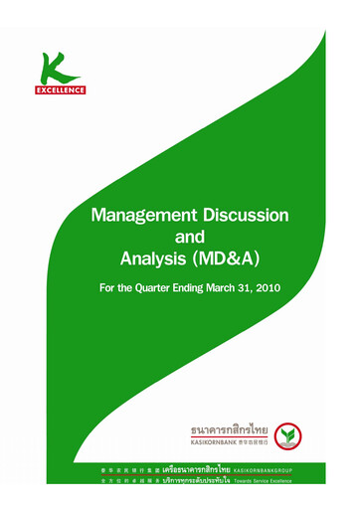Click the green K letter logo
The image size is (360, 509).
[x=62, y=68]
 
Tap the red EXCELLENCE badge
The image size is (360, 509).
[x=63, y=89]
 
